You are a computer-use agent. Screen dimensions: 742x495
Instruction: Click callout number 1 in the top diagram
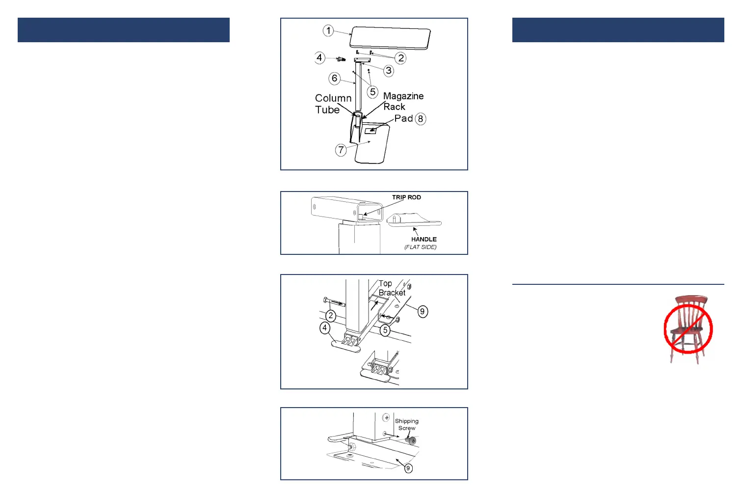point(328,31)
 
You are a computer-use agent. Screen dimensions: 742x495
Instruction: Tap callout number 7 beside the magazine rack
point(341,150)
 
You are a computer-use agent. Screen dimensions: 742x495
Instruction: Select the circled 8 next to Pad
point(421,119)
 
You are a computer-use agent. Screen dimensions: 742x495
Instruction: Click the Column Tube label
point(333,104)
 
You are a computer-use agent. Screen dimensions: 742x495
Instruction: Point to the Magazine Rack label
point(403,101)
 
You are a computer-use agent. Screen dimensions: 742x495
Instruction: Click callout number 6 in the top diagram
point(335,78)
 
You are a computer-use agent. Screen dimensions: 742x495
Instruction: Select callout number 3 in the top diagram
point(389,71)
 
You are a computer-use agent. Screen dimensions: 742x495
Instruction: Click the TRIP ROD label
point(406,197)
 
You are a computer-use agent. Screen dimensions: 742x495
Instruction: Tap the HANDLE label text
point(424,239)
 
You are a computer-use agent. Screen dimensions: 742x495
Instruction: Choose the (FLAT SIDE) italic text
point(421,247)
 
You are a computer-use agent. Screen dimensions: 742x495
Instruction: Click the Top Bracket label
point(392,288)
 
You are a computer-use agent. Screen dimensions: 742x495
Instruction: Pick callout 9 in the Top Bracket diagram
point(422,311)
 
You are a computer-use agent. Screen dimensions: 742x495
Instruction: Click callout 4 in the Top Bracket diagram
point(325,328)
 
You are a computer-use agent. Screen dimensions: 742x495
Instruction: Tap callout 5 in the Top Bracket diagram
point(385,330)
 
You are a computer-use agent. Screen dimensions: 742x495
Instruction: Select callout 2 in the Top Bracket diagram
point(331,316)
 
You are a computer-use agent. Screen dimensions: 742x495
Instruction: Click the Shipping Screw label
point(407,424)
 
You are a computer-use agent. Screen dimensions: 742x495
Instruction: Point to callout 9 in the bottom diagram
point(408,468)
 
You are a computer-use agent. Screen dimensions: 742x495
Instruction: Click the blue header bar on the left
point(124,30)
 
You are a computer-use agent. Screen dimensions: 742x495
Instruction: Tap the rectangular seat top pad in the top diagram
point(391,38)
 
